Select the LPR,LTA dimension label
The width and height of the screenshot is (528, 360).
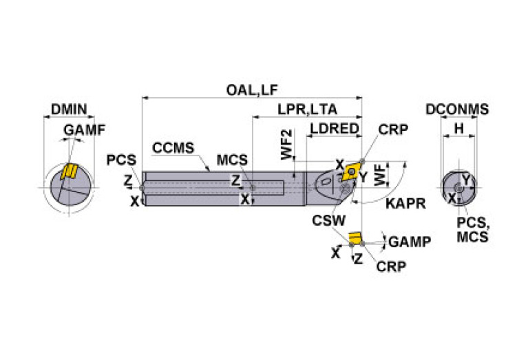[x=308, y=109]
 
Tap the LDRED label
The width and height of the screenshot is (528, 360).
[x=334, y=129]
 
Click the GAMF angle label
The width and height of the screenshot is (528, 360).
[x=81, y=130]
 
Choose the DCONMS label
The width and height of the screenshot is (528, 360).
[x=457, y=109]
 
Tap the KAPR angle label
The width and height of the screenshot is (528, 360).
[x=405, y=204]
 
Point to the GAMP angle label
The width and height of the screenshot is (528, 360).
[x=410, y=242]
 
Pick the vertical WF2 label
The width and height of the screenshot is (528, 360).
[x=287, y=146]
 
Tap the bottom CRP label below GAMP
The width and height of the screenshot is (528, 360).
[x=391, y=266]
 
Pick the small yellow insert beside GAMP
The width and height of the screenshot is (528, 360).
[x=355, y=238]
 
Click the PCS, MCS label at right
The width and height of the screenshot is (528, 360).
[x=473, y=230]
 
